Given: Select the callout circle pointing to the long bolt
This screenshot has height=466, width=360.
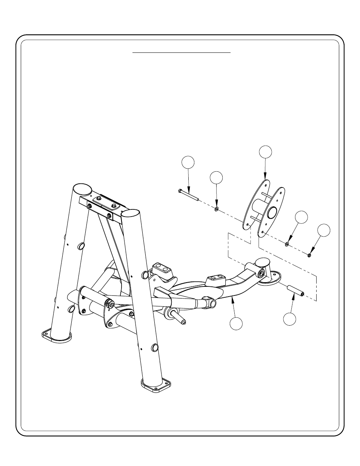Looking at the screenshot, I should [188, 162].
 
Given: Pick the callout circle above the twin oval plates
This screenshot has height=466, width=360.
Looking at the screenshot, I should [265, 152].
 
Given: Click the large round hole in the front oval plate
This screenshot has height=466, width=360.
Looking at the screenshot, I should [272, 213].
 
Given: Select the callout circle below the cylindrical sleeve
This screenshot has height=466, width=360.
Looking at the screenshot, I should [290, 319].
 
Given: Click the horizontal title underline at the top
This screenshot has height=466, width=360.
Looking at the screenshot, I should [182, 53].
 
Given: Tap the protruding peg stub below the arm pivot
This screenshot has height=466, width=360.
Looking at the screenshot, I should [178, 316].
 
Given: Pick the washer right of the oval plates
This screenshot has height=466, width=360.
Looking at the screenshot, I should [287, 245].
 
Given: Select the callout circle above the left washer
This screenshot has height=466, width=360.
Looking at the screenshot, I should [216, 178].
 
